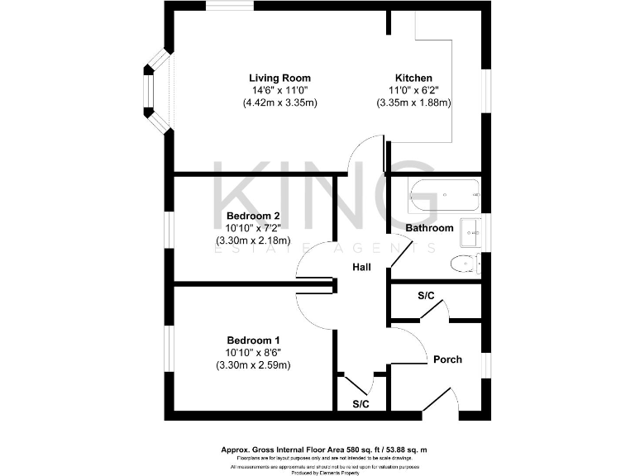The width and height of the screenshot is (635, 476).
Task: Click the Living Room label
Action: (279, 78)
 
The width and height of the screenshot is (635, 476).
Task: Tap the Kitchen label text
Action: (413, 78)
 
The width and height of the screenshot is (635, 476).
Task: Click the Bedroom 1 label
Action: (254, 340)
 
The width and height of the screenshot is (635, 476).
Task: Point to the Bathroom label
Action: (429, 228)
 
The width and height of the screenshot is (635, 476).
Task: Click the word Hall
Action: (361, 267)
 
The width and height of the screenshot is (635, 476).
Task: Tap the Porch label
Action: (447, 359)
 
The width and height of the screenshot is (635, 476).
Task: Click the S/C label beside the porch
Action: (426, 295)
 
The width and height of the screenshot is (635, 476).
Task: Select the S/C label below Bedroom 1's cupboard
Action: (360, 404)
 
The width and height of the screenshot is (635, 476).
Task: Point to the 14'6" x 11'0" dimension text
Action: (280, 90)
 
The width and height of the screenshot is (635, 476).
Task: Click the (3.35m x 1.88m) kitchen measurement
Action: (413, 103)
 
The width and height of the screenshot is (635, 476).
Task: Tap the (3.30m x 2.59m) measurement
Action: (253, 364)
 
